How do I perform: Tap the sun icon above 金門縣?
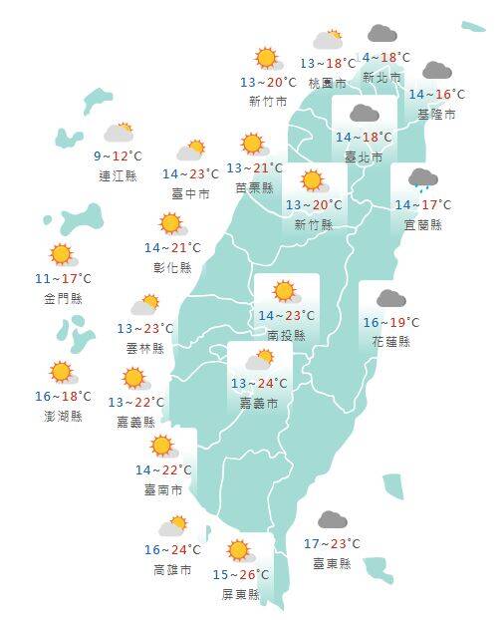point(62,255)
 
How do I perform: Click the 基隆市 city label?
point(436,115)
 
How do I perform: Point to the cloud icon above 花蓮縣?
point(389,298)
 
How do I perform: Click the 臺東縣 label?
point(333,563)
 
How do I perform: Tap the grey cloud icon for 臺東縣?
point(332,520)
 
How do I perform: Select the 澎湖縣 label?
point(62,415)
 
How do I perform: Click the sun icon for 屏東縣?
point(238,550)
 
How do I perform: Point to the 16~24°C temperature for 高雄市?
point(171,549)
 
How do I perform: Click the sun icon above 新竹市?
point(266,59)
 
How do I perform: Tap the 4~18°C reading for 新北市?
point(385,58)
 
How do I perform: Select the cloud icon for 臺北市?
point(363,113)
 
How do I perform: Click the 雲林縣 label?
point(144,348)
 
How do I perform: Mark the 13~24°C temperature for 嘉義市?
point(260,384)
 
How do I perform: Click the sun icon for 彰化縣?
point(171,223)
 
